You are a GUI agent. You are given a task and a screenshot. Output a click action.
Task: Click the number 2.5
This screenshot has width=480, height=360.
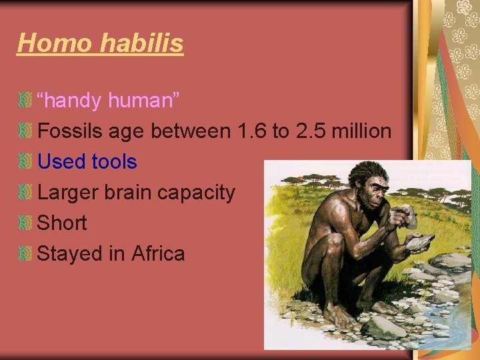[x=311, y=131]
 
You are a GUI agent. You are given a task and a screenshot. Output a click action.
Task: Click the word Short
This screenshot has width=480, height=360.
[x=62, y=223]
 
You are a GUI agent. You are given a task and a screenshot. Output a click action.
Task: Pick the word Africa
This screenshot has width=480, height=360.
[x=158, y=254]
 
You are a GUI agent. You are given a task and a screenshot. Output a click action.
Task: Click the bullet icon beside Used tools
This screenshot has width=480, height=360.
[x=25, y=162]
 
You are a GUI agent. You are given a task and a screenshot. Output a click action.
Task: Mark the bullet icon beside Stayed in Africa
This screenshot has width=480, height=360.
[x=25, y=254]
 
